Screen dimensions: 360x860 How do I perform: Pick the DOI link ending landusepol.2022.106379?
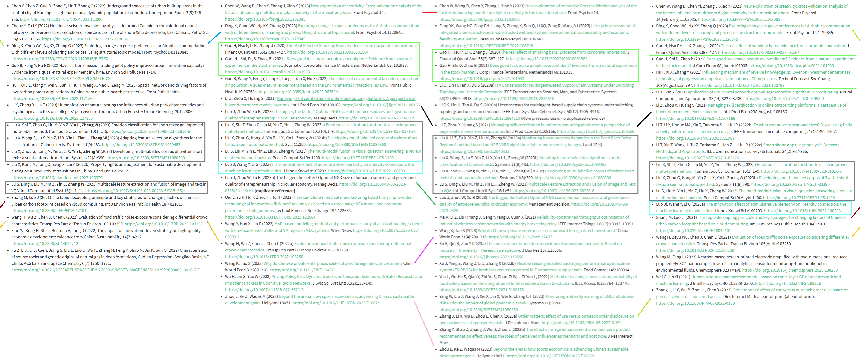pyautogui.click(x=57, y=178)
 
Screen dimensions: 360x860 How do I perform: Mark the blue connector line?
pyautogui.click(x=214, y=38)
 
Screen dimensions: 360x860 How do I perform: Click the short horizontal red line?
pyautogui.click(x=429, y=12)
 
